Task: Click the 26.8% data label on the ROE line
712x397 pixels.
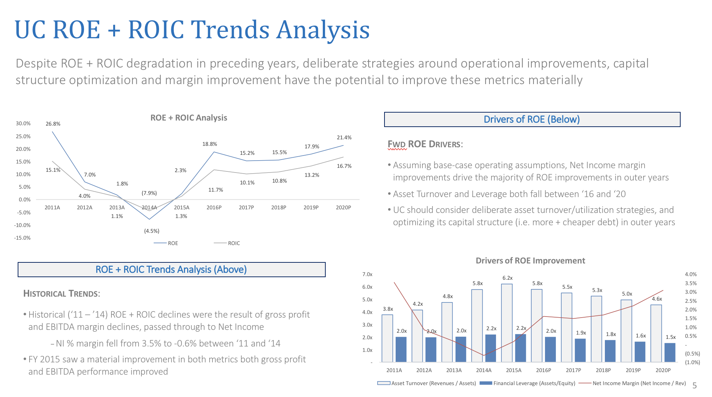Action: pos(53,124)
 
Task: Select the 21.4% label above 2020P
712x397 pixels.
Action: pos(344,138)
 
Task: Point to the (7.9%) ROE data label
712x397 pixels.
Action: pos(149,193)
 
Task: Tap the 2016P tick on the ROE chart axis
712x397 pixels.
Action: pos(214,208)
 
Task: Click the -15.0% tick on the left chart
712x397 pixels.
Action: pos(22,238)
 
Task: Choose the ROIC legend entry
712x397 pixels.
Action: pos(227,243)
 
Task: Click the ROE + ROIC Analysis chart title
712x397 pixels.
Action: pos(189,118)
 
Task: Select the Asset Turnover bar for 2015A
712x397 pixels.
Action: pos(506,323)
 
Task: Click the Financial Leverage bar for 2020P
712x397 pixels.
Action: pos(670,352)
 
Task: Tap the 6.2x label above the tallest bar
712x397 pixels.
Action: pos(507,278)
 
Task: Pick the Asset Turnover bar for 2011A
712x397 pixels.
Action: pos(387,338)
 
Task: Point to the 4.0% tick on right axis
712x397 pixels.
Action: pos(690,274)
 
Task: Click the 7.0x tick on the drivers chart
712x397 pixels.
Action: pos(367,274)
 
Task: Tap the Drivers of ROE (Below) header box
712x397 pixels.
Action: pos(532,119)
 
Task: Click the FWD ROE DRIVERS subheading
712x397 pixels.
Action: pos(425,144)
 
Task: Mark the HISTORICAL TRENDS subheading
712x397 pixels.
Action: pos(61,294)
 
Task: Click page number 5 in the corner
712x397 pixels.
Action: pos(694,385)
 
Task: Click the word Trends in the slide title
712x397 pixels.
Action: pos(230,30)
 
